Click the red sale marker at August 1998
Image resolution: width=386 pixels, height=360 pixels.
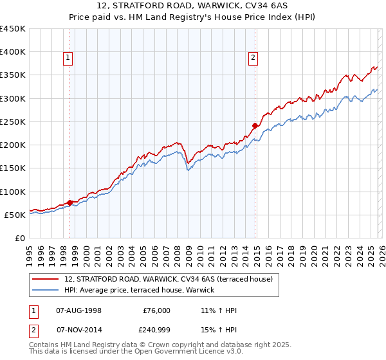tap(69, 203)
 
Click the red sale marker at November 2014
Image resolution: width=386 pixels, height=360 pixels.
tap(255, 126)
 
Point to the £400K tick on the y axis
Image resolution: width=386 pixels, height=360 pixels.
tap(13, 52)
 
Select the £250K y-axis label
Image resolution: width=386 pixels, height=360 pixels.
tap(13, 122)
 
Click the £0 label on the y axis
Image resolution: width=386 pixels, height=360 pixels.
tap(21, 238)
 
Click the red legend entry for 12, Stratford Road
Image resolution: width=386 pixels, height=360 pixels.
tap(169, 279)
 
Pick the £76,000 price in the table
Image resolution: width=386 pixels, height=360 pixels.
tap(156, 310)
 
